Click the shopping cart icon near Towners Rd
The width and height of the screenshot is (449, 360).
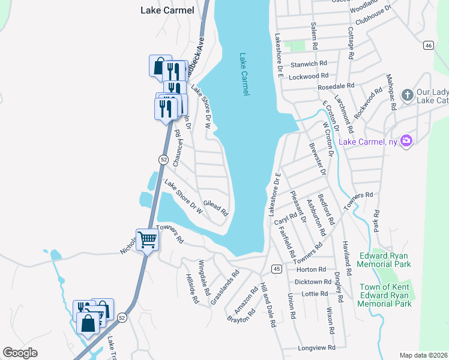click(147, 240)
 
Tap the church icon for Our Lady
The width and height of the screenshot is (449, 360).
click(407, 95)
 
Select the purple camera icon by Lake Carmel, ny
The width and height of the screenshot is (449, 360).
click(406, 141)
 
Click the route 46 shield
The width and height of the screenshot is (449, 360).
click(428, 46)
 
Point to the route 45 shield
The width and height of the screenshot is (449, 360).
click(276, 268)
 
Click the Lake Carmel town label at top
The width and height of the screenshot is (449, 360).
click(167, 10)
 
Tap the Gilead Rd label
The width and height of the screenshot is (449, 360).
click(216, 208)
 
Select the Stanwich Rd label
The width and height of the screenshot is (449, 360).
click(308, 63)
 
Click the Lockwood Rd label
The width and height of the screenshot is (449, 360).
click(309, 76)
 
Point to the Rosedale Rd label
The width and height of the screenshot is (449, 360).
click(336, 86)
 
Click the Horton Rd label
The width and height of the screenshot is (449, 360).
click(310, 269)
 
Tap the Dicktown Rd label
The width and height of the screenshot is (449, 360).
click(313, 281)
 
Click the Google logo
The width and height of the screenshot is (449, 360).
click(20, 353)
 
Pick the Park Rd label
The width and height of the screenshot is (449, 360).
click(377, 221)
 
